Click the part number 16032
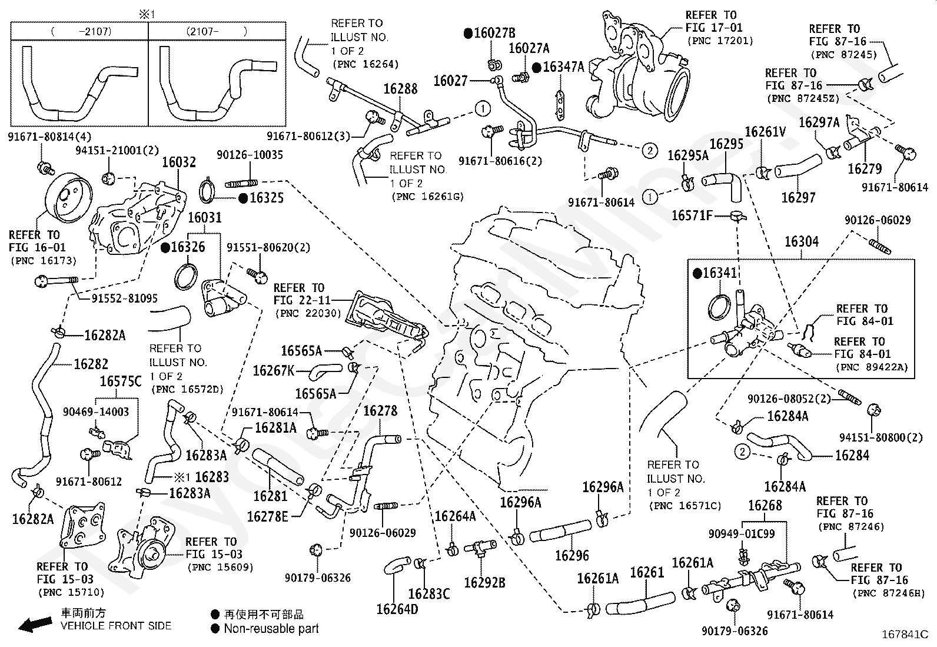(178, 162)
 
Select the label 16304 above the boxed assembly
(802, 241)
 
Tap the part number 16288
(400, 89)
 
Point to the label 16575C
(121, 381)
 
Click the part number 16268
(765, 505)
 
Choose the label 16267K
(273, 371)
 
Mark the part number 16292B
(484, 582)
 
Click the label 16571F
(692, 216)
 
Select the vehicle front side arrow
(34, 624)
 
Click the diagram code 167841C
(904, 635)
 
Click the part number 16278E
(267, 516)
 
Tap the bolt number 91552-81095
(124, 298)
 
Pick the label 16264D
(397, 609)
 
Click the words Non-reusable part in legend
(271, 629)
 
